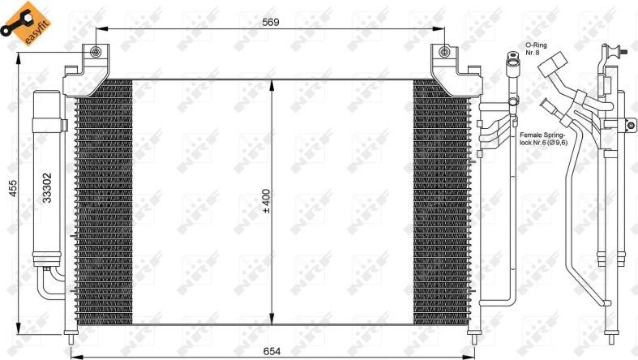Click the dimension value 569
271,23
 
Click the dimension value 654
272,350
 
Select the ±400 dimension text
265,203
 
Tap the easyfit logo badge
22,24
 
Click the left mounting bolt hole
96,54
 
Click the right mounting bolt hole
443,54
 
